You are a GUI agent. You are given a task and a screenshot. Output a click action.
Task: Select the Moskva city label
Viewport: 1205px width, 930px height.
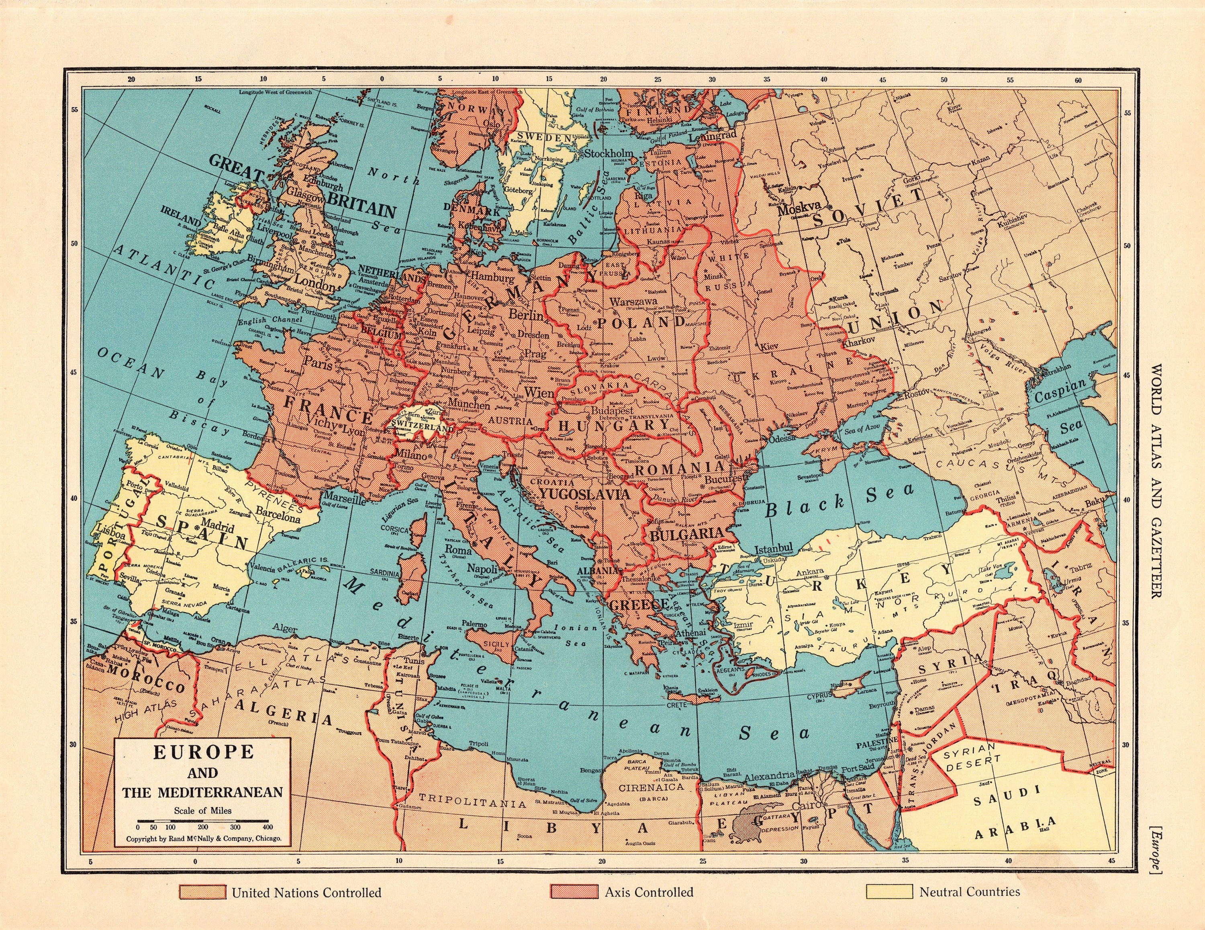click(799, 210)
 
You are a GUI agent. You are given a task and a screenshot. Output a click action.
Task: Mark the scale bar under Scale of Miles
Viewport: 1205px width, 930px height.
click(202, 821)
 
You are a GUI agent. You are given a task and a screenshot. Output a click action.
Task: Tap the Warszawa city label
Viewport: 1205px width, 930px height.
click(633, 302)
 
